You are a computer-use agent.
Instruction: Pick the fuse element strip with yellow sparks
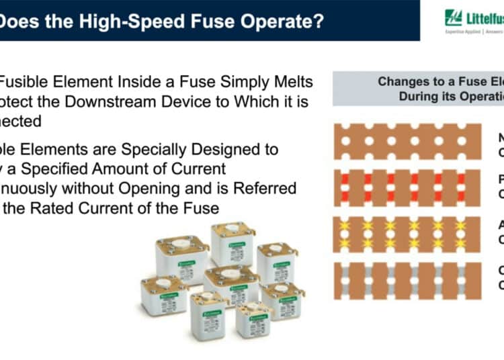407,234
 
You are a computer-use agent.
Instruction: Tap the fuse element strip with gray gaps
407,280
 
